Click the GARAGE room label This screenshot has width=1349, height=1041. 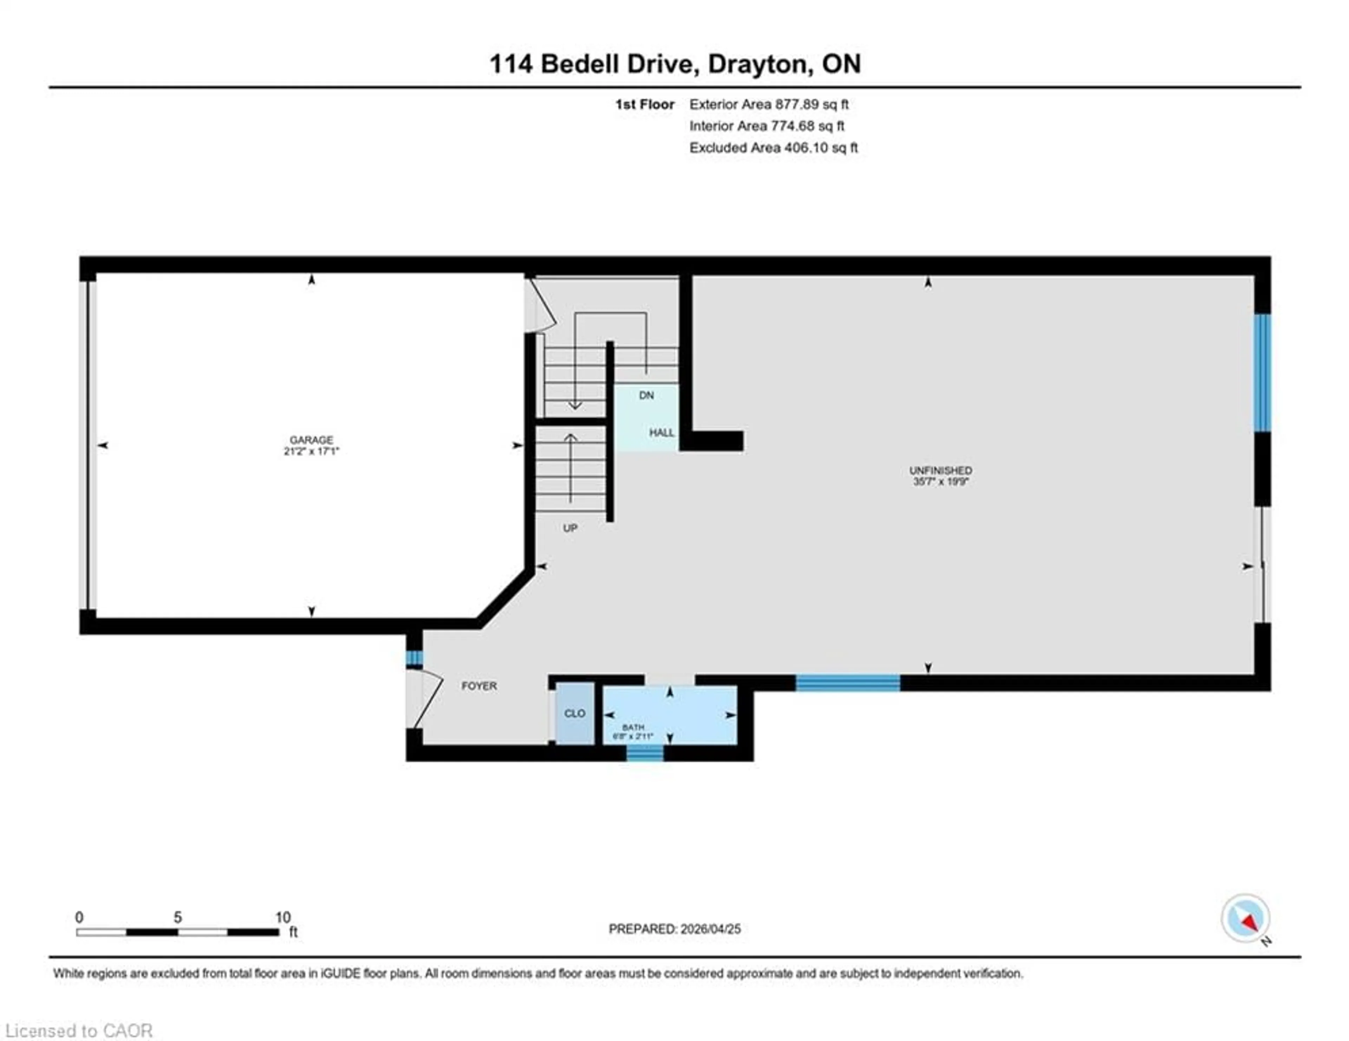311,440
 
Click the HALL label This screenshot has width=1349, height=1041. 661,433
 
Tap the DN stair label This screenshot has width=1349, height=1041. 646,395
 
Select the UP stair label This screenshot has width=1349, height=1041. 569,528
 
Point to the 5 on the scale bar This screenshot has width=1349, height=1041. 177,917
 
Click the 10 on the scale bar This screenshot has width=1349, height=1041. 282,917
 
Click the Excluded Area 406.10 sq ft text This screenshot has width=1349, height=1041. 773,148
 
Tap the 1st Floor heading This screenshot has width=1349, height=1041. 644,104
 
